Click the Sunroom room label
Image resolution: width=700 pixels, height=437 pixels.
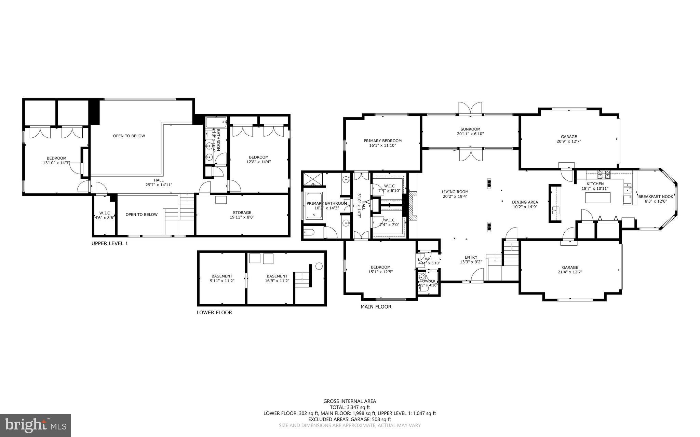(470, 129)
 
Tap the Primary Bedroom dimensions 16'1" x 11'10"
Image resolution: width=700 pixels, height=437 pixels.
(382, 145)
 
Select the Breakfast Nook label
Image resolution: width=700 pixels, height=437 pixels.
(656, 196)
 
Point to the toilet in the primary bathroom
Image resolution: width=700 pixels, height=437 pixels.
(309, 233)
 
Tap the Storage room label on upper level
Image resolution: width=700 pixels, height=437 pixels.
(242, 213)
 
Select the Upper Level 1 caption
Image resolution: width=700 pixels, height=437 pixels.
(109, 244)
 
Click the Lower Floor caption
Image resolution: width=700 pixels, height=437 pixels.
(214, 312)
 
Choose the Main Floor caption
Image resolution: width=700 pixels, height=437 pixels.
(376, 307)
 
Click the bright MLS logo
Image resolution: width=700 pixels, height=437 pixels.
(36, 425)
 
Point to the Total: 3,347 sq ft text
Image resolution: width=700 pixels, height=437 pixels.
(350, 407)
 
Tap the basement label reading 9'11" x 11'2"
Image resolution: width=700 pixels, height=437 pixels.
(222, 281)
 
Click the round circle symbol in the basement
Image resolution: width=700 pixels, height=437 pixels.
(319, 266)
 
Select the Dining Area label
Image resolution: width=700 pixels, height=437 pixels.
(525, 202)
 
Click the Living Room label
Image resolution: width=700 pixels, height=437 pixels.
(455, 192)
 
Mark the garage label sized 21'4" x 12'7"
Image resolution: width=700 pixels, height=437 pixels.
(570, 272)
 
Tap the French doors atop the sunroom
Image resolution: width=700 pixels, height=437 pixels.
(470, 109)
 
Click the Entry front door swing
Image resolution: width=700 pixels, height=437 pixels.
(478, 275)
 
